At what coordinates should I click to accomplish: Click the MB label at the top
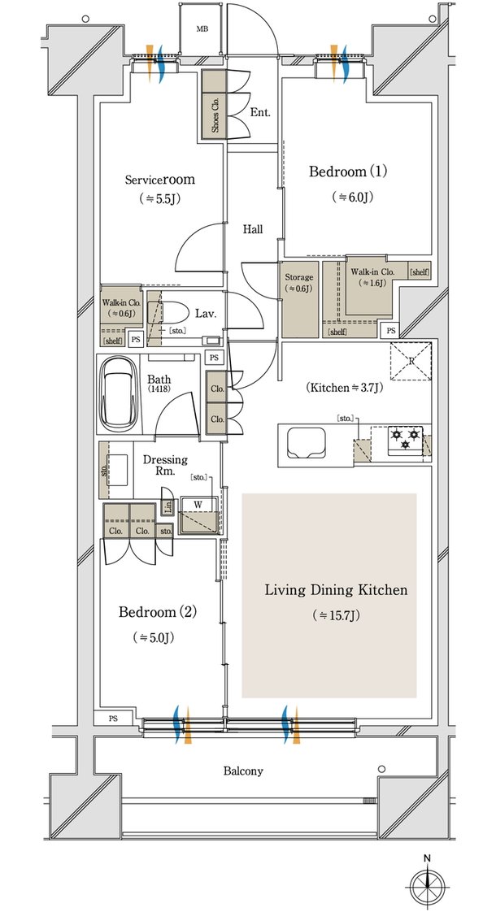[x=202, y=29]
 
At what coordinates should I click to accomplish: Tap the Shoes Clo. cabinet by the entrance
[x=214, y=105]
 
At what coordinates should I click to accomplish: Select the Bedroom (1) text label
[x=347, y=172]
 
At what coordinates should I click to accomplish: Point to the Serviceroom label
[x=160, y=180]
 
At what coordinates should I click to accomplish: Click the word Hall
[x=253, y=230]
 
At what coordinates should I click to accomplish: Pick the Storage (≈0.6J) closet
[x=300, y=299]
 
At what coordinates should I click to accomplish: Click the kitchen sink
[x=306, y=441]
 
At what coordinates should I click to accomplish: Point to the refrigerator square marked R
[x=411, y=360]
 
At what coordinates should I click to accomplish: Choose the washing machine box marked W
[x=198, y=515]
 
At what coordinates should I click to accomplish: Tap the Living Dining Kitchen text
[x=336, y=591]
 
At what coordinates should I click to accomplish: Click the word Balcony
[x=243, y=772]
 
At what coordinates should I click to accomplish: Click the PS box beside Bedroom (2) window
[x=112, y=719]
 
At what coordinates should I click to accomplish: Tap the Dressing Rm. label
[x=165, y=465]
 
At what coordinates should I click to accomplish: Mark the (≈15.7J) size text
[x=336, y=615]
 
